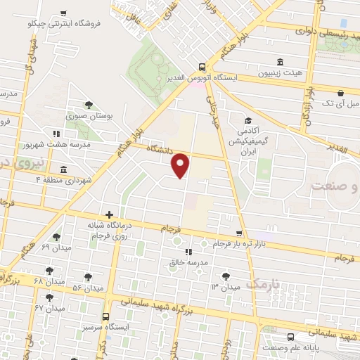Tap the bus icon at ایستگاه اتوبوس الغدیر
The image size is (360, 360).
[x=202, y=62]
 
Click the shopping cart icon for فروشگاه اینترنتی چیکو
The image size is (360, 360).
[x=65, y=13]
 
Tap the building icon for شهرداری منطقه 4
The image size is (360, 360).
[x=63, y=169]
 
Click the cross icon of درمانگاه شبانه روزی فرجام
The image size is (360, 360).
[x=109, y=214]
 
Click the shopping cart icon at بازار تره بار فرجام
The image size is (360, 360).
[x=239, y=233]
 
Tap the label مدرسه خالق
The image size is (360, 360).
[x=188, y=262]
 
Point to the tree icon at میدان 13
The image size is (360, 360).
[x=225, y=276]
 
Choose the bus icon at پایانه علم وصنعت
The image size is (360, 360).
[x=291, y=337]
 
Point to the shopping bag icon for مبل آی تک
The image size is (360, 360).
[x=340, y=92]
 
